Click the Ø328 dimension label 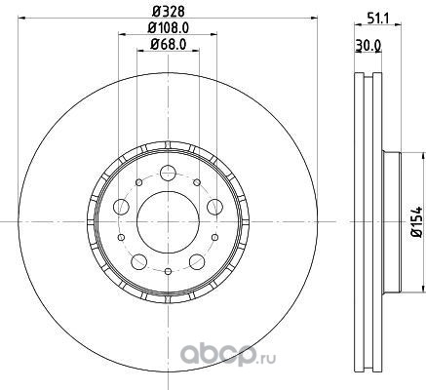(x=169, y=12)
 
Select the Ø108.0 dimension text (x=168, y=28)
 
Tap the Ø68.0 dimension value (x=168, y=45)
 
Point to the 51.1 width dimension (x=378, y=19)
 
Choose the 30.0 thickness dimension (x=368, y=45)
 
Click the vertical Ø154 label (x=416, y=221)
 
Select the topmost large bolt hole (x=168, y=173)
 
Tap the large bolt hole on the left (x=121, y=207)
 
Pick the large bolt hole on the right (x=214, y=207)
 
